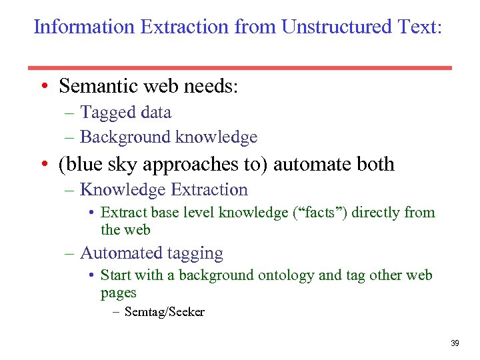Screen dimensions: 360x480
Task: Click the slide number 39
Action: (455, 343)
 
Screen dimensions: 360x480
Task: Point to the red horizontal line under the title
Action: (240, 67)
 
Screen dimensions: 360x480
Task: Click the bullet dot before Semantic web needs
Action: (43, 87)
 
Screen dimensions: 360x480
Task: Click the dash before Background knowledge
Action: (69, 137)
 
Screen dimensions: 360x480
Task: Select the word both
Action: (375, 164)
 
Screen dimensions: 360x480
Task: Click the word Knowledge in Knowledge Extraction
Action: (123, 190)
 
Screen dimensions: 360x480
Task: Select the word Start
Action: (115, 275)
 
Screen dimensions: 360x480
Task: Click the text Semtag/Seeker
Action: (164, 311)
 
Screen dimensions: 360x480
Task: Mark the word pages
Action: (119, 292)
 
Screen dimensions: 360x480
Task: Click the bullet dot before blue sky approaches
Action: (43, 165)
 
